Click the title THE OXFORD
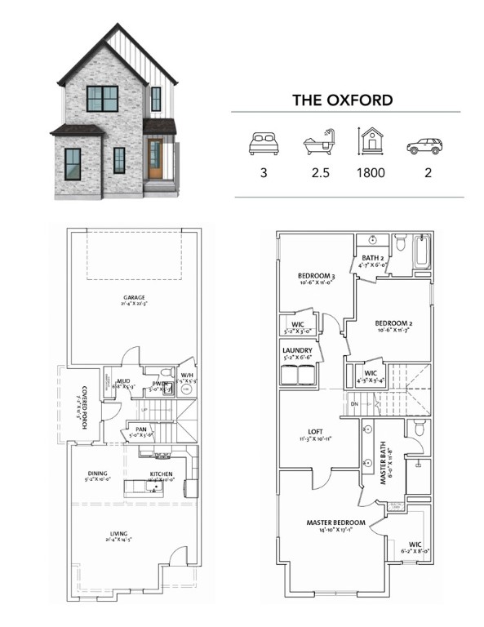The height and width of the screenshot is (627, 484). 343,100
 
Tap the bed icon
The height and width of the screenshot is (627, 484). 262,145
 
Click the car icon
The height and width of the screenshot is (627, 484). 423,146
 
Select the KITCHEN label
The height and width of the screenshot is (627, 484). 161,474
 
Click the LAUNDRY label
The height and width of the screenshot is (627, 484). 296,350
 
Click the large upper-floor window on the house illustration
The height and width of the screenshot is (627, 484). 103,99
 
